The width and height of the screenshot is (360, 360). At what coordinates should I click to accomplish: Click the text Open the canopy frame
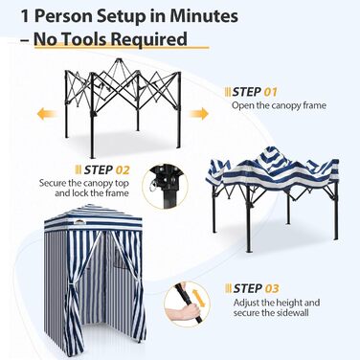click(278, 106)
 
